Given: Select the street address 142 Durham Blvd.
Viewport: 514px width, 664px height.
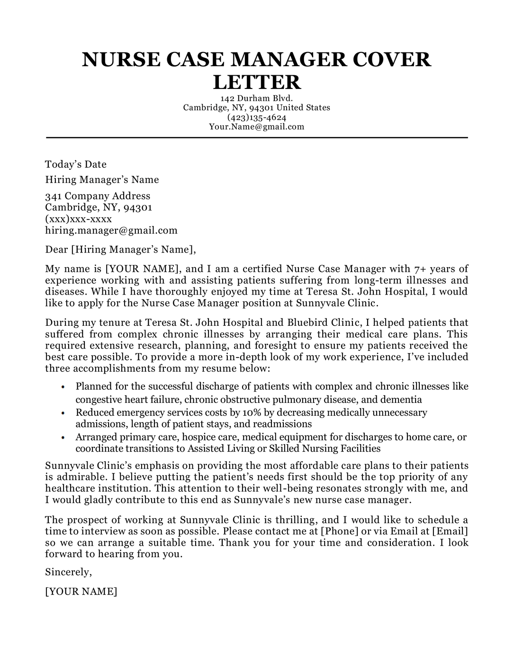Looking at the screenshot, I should coord(257,98).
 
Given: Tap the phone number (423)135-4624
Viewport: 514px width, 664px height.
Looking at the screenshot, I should coord(257,117).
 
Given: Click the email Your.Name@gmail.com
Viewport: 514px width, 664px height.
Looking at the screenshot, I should coord(257,127).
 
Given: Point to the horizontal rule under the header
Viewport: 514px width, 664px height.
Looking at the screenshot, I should coord(257,138).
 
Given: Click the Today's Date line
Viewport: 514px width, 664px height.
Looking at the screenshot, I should coord(76,165).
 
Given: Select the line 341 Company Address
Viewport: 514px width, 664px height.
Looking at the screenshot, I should coord(98,196).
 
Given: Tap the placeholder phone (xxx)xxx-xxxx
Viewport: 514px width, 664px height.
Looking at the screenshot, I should coord(78,219).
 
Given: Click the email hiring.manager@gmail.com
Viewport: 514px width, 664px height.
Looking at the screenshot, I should coord(111,231).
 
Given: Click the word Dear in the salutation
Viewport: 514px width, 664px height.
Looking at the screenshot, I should coord(56,249).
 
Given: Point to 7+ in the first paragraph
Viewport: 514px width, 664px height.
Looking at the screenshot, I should coord(420,269).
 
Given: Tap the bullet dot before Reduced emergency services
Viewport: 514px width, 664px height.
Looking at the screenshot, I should coord(63,413).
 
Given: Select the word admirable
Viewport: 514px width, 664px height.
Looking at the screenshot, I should coord(81,477).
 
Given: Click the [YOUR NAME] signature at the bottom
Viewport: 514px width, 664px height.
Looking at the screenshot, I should coord(81,591).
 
